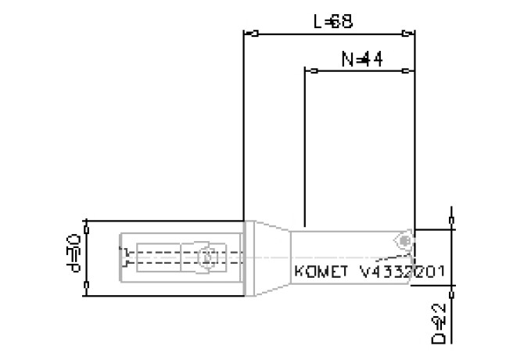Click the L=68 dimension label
(332, 22)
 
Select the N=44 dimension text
(361, 59)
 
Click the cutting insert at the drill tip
(404, 239)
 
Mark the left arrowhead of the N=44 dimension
(310, 71)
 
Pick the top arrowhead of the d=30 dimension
(86, 225)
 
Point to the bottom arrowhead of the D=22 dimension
(451, 286)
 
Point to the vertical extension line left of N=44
(303, 149)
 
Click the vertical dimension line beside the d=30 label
(86, 258)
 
